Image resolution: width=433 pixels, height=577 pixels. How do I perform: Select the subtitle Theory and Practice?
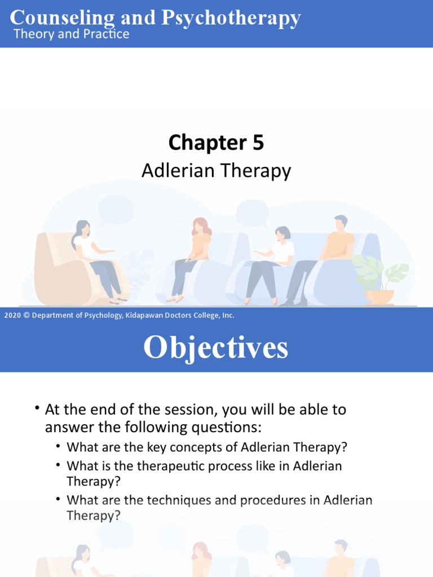(71, 34)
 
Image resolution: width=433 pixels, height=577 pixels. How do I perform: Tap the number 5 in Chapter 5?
(258, 143)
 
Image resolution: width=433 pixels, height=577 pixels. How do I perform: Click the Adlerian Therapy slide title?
(216, 170)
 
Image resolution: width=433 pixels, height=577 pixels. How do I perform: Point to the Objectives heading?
(216, 348)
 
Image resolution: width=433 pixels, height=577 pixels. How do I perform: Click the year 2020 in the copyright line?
(12, 316)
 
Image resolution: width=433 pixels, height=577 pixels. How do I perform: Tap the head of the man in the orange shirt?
(340, 223)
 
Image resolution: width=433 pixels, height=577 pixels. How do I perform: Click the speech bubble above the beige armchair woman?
(116, 208)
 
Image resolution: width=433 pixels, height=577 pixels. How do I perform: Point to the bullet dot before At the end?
(37, 409)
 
